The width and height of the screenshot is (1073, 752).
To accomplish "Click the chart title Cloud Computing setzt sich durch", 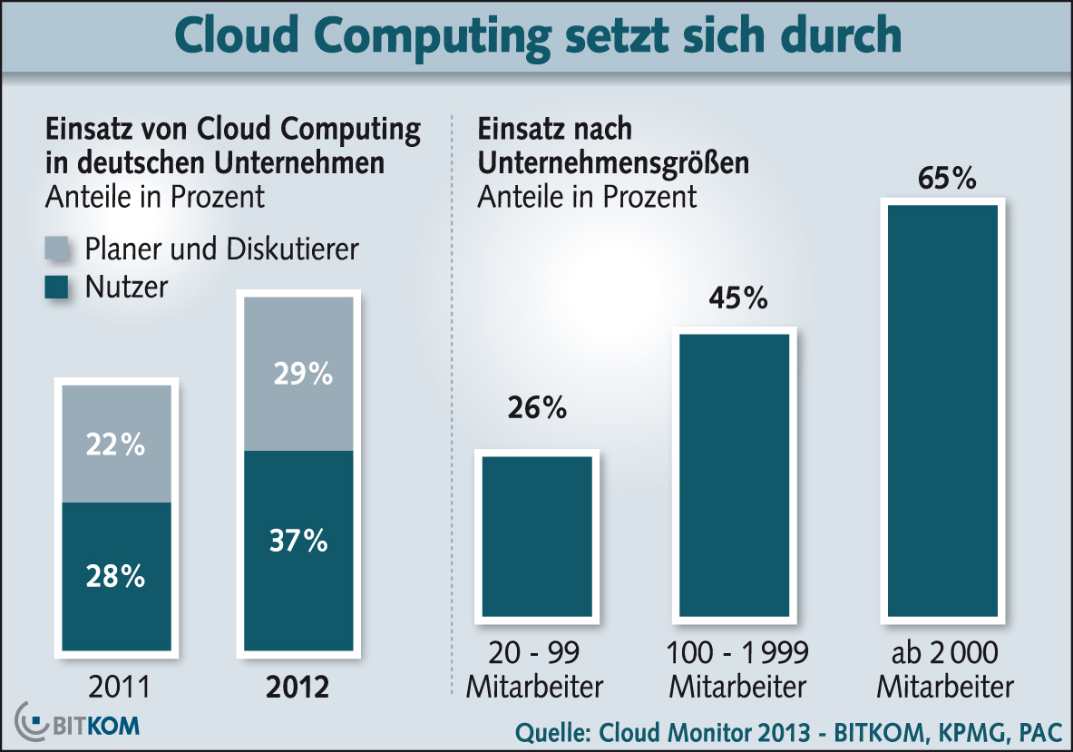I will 537,34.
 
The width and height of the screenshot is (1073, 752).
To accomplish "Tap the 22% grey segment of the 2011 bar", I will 115,444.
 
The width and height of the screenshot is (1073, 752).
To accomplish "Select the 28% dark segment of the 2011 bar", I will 115,576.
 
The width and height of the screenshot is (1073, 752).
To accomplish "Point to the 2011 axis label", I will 118,687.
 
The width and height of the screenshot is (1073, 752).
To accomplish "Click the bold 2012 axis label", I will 298,687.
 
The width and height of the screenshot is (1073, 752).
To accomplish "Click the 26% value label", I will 537,409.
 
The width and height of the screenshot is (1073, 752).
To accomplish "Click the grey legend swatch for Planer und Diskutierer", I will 58,249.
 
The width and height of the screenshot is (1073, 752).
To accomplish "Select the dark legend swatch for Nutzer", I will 58,288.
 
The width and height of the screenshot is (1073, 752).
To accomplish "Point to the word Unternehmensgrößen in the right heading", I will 613,162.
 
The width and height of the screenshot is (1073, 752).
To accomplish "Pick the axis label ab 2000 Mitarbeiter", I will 944,669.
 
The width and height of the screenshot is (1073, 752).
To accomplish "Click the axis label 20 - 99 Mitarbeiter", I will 534,669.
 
